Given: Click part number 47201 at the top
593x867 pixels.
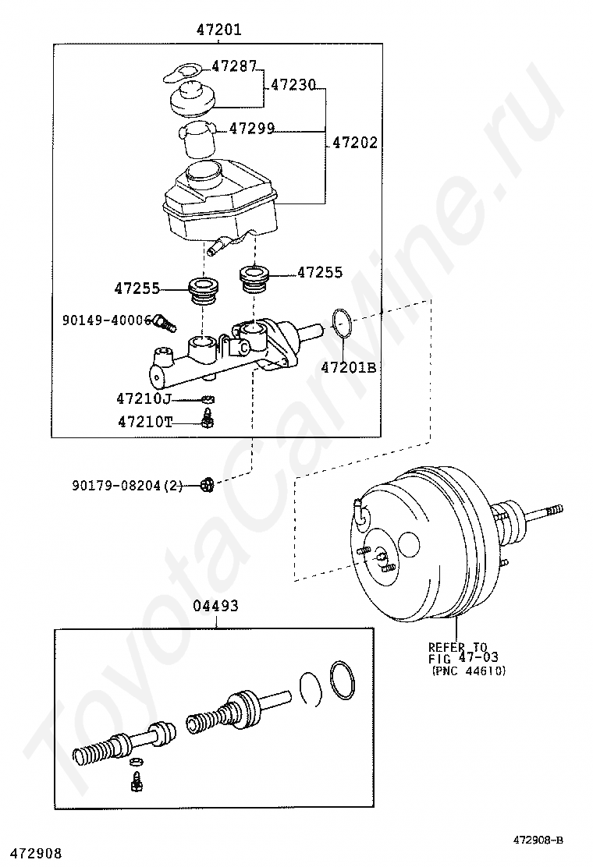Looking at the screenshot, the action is [219, 30].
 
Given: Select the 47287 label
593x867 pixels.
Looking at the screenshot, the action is [235, 66].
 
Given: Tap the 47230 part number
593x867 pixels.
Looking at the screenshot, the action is [293, 85].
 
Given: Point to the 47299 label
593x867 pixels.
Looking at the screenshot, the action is [252, 129].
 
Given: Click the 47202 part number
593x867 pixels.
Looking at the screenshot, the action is [355, 143].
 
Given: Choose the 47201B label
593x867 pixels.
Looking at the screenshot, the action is [349, 367].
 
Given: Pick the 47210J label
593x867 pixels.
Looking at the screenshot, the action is [144, 398].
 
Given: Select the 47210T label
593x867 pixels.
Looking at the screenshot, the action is [145, 422].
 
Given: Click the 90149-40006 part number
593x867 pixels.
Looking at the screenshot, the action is [106, 320].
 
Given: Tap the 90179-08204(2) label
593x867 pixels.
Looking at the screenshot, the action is [127, 486].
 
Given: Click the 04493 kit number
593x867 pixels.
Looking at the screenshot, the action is [215, 606].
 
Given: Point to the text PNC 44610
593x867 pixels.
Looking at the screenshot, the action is [468, 671].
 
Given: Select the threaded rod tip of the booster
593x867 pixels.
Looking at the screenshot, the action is [555, 509].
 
